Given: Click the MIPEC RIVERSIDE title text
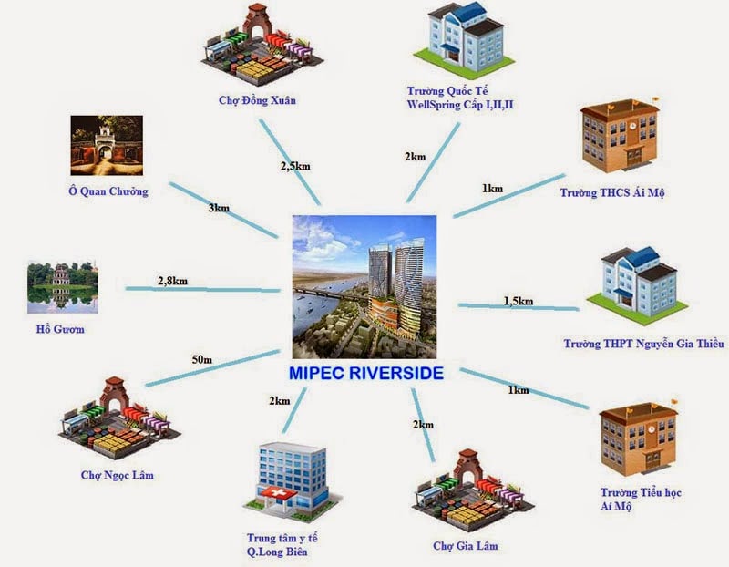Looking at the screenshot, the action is [x=366, y=374].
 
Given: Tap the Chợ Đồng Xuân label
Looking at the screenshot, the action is [x=257, y=100].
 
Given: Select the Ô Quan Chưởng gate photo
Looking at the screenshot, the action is [x=107, y=146].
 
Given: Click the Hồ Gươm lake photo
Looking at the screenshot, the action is [x=62, y=287].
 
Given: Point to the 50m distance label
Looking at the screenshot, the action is [x=201, y=359].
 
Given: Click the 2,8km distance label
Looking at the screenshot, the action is [x=172, y=281].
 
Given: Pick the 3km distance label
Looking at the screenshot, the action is [x=219, y=208].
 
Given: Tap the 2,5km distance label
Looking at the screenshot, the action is [x=295, y=166].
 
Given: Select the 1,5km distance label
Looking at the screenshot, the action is [x=519, y=302].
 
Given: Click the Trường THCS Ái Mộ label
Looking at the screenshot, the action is [x=612, y=192].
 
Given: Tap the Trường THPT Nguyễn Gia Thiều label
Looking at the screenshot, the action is [x=643, y=344].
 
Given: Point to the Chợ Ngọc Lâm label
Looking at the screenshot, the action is [x=118, y=475].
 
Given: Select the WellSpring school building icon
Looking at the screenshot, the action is [x=464, y=38].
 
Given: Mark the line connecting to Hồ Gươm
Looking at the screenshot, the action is [x=202, y=289].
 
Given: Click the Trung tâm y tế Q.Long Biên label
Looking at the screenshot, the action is [x=282, y=545].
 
